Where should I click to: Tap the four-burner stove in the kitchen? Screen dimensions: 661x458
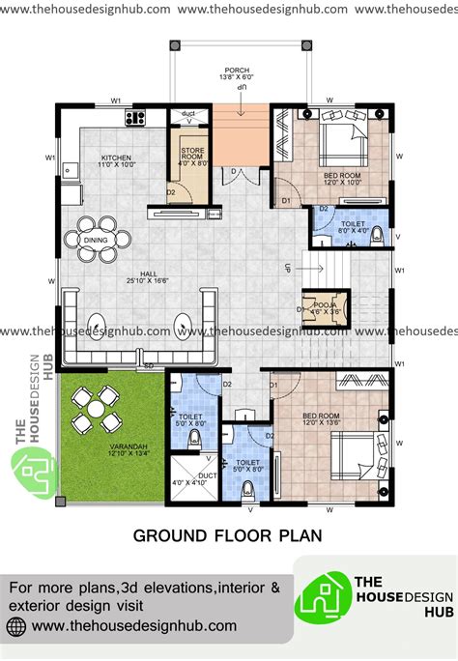[134, 119]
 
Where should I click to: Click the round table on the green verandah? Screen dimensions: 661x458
[95, 409]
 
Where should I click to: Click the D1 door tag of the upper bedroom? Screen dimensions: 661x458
[286, 200]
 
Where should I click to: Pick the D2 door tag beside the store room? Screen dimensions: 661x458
[170, 191]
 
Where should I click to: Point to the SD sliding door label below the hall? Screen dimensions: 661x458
[148, 366]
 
